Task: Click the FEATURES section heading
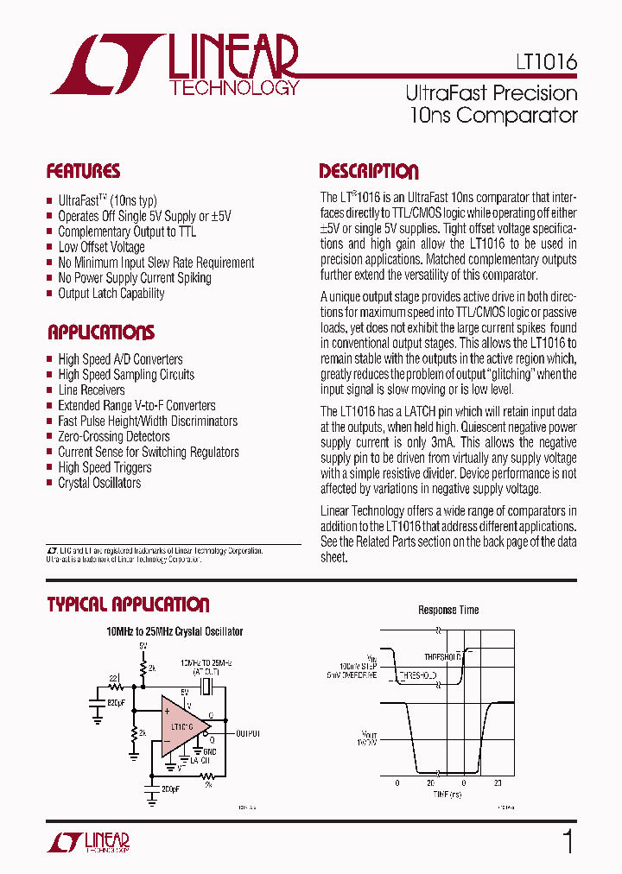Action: (83, 171)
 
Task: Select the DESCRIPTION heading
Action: (368, 171)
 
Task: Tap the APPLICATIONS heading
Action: (100, 332)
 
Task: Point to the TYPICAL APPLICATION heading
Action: (128, 605)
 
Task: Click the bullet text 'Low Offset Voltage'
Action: (101, 247)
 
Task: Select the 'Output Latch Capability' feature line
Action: (111, 294)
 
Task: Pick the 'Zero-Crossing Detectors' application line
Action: (114, 437)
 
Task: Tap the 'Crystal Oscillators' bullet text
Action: (99, 484)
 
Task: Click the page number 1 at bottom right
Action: (568, 841)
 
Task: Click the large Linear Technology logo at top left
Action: (173, 66)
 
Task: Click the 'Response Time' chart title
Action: (448, 610)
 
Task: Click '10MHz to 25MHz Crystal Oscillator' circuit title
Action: (175, 631)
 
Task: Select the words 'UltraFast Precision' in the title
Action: (491, 92)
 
